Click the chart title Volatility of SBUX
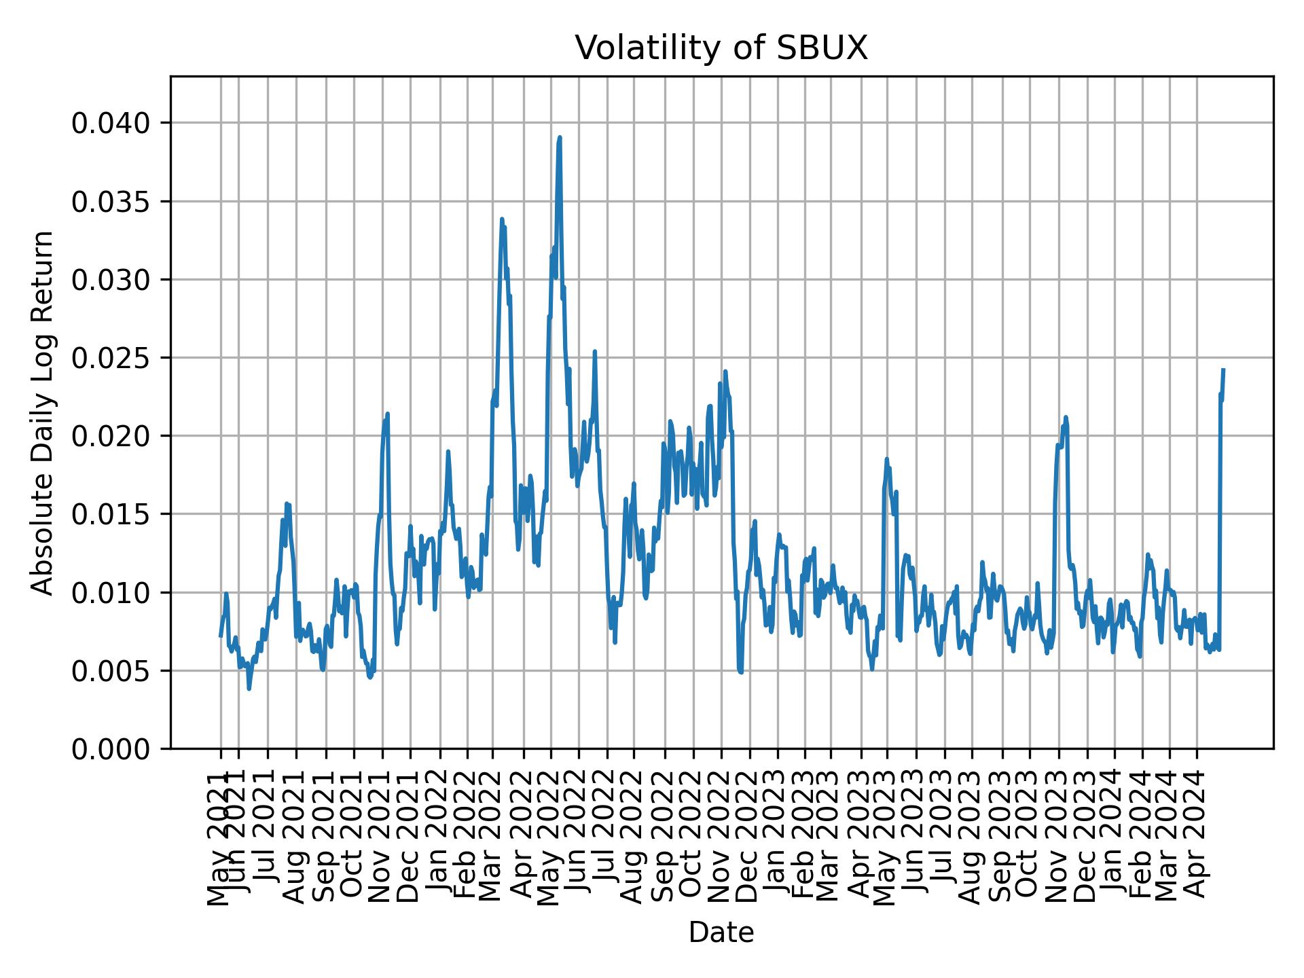click(x=721, y=48)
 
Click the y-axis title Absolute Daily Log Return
click(x=43, y=412)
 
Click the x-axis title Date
click(x=721, y=932)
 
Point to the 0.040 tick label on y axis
click(x=111, y=123)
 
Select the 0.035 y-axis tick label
click(x=111, y=201)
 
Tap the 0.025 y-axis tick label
click(x=111, y=358)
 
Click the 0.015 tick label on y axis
click(x=111, y=514)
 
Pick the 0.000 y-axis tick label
click(x=111, y=748)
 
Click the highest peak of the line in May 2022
click(x=560, y=138)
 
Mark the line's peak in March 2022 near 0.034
click(x=502, y=219)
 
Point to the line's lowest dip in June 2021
click(x=249, y=689)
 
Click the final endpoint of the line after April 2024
click(x=1223, y=370)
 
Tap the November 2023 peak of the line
click(x=1066, y=417)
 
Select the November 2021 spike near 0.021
click(x=387, y=414)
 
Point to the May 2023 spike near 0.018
click(x=886, y=459)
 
